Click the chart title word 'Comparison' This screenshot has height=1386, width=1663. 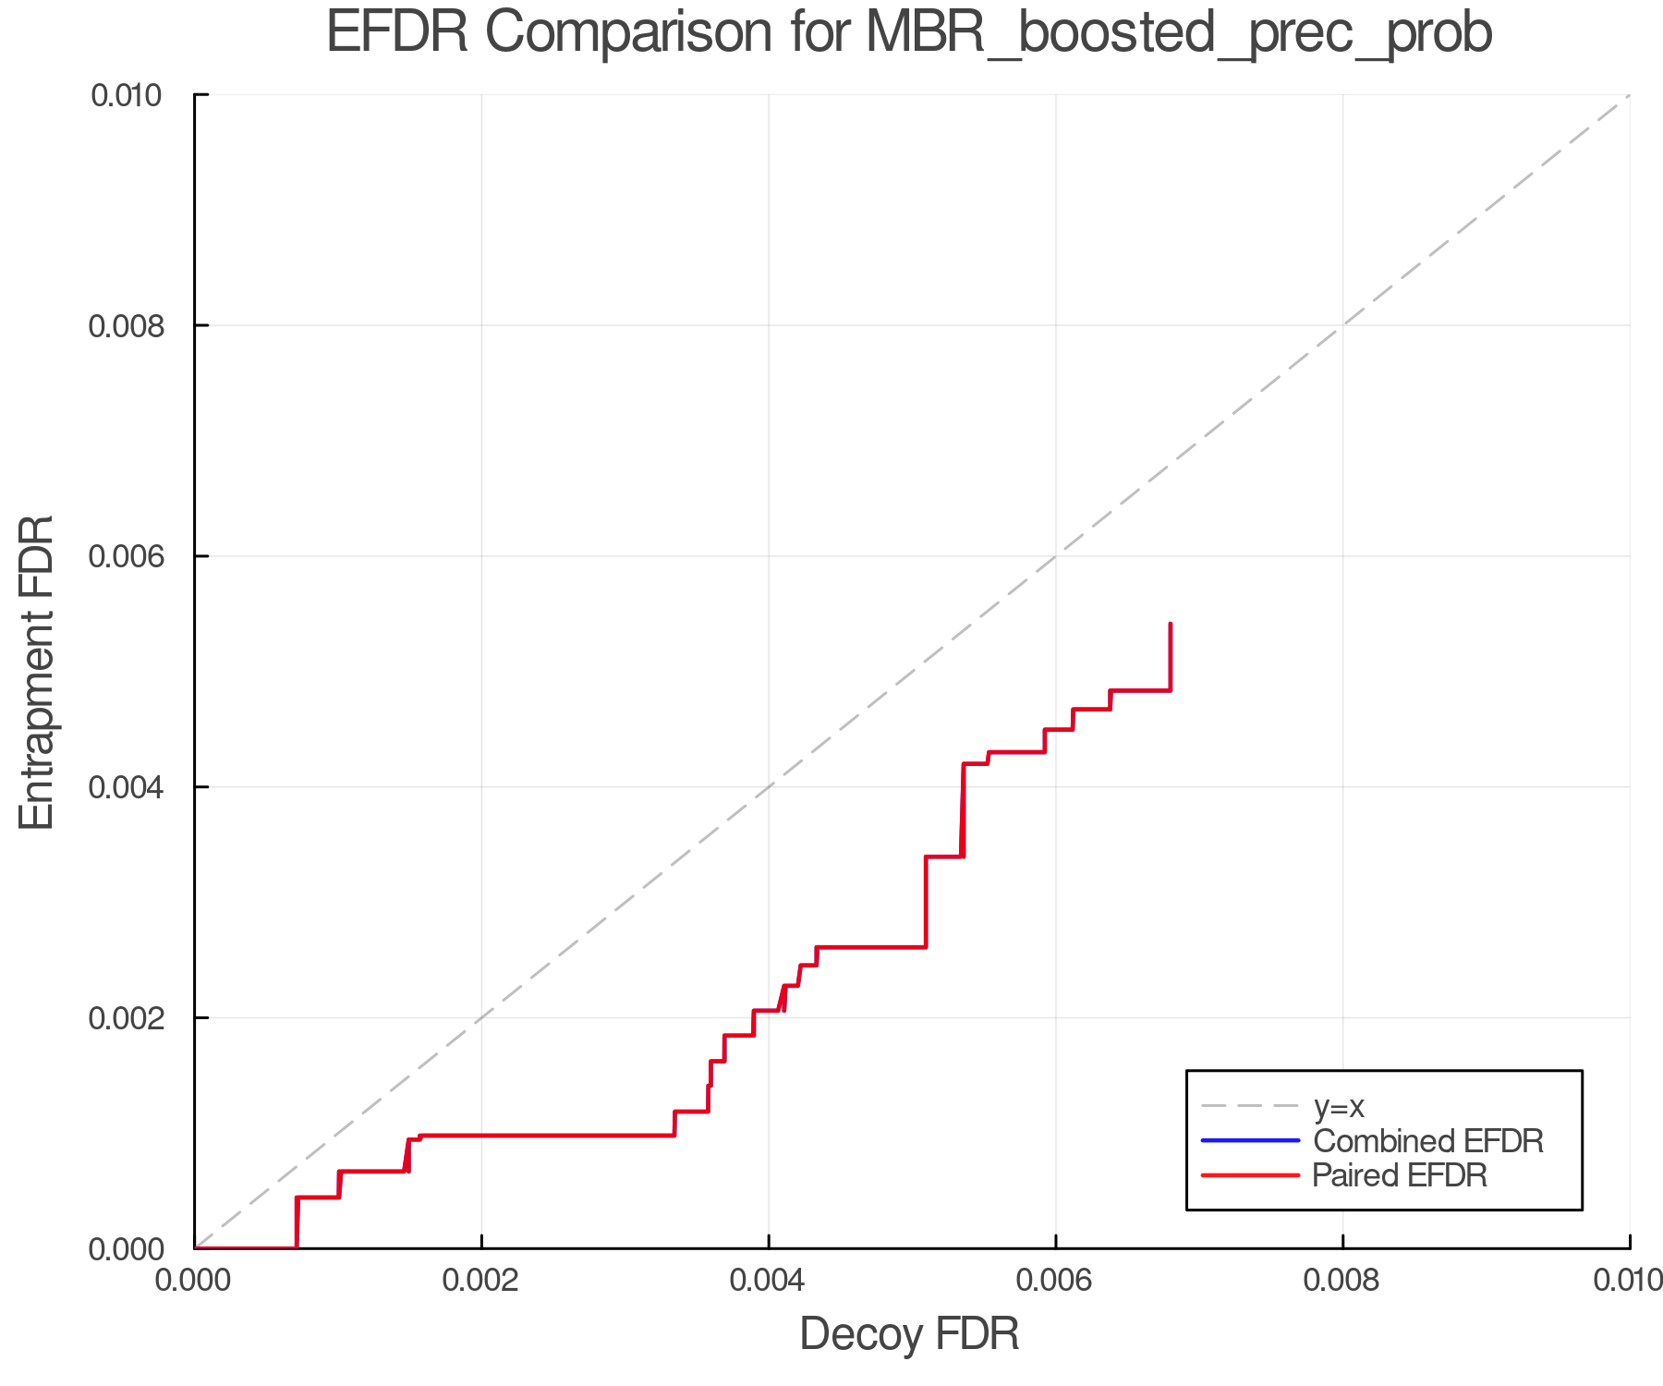pyautogui.click(x=628, y=33)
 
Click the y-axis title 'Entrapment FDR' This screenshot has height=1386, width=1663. pyautogui.click(x=37, y=672)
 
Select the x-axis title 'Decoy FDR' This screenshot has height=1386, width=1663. pyautogui.click(x=909, y=1334)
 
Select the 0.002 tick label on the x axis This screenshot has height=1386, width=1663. pyautogui.click(x=481, y=1280)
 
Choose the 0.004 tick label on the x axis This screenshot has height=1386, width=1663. pyautogui.click(x=769, y=1280)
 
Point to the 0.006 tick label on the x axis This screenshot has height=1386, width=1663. pyautogui.click(x=1056, y=1280)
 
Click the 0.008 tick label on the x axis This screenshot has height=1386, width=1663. pyautogui.click(x=1342, y=1280)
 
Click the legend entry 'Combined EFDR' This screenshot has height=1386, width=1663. pyautogui.click(x=1428, y=1141)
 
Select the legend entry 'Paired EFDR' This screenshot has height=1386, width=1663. pyautogui.click(x=1400, y=1175)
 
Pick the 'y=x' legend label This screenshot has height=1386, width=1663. pyautogui.click(x=1339, y=1106)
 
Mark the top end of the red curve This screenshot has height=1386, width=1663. pyautogui.click(x=1171, y=625)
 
